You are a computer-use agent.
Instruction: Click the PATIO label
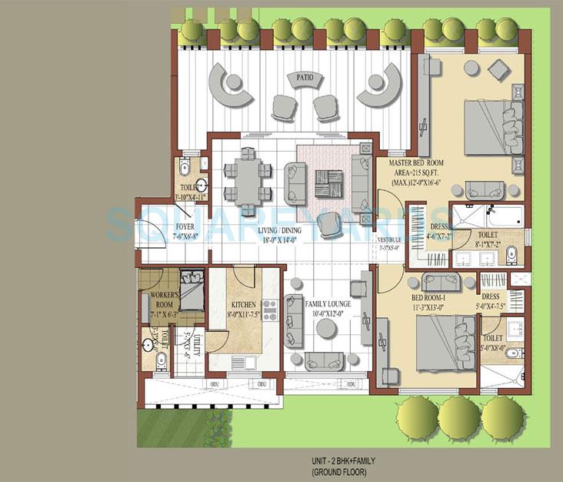(301, 78)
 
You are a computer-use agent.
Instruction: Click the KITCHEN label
(243, 305)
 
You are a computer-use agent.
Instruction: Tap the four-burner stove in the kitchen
(270, 310)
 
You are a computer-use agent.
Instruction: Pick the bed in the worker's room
(189, 286)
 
